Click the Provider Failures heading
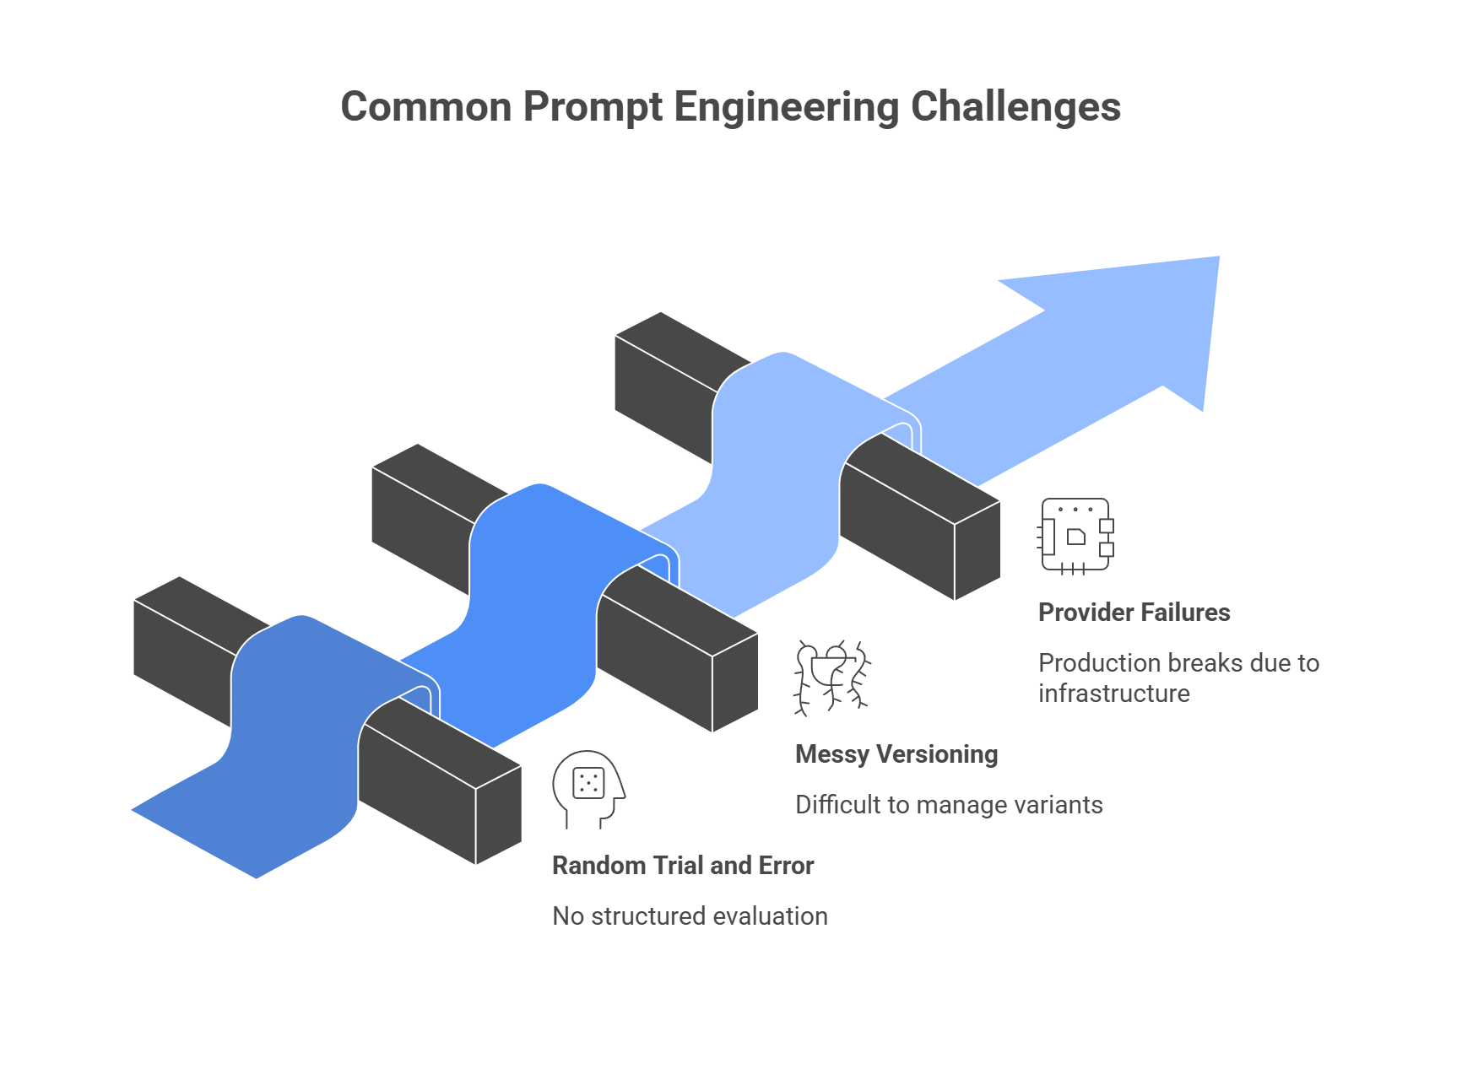point(1134,612)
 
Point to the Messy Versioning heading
point(896,753)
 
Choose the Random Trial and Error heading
point(682,865)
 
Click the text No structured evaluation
point(690,915)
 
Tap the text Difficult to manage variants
point(949,804)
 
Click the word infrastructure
point(1113,693)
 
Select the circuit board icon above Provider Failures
point(1075,535)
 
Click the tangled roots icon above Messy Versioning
point(832,678)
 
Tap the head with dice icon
point(588,788)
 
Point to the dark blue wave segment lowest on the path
point(287,742)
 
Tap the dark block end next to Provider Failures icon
point(977,550)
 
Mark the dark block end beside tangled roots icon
point(734,682)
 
